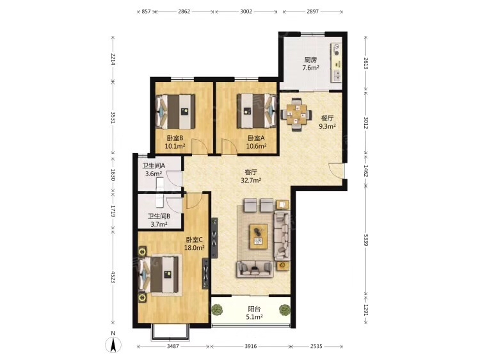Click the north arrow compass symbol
click(x=113, y=344)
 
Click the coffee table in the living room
click(x=259, y=236)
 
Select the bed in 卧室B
click(x=176, y=111)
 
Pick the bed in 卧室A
click(x=257, y=111)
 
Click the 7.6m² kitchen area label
click(x=310, y=68)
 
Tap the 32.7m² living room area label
click(x=251, y=180)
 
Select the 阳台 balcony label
click(x=254, y=309)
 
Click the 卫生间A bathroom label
click(x=154, y=166)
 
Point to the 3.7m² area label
click(x=159, y=224)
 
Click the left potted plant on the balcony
click(x=217, y=309)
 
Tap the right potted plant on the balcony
click(x=285, y=310)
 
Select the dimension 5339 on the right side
click(x=366, y=240)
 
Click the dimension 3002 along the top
click(x=246, y=12)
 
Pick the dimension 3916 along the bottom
click(x=251, y=346)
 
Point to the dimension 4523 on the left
click(x=113, y=277)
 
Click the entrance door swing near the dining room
click(x=337, y=170)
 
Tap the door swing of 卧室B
click(x=200, y=147)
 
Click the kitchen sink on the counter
click(x=337, y=75)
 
